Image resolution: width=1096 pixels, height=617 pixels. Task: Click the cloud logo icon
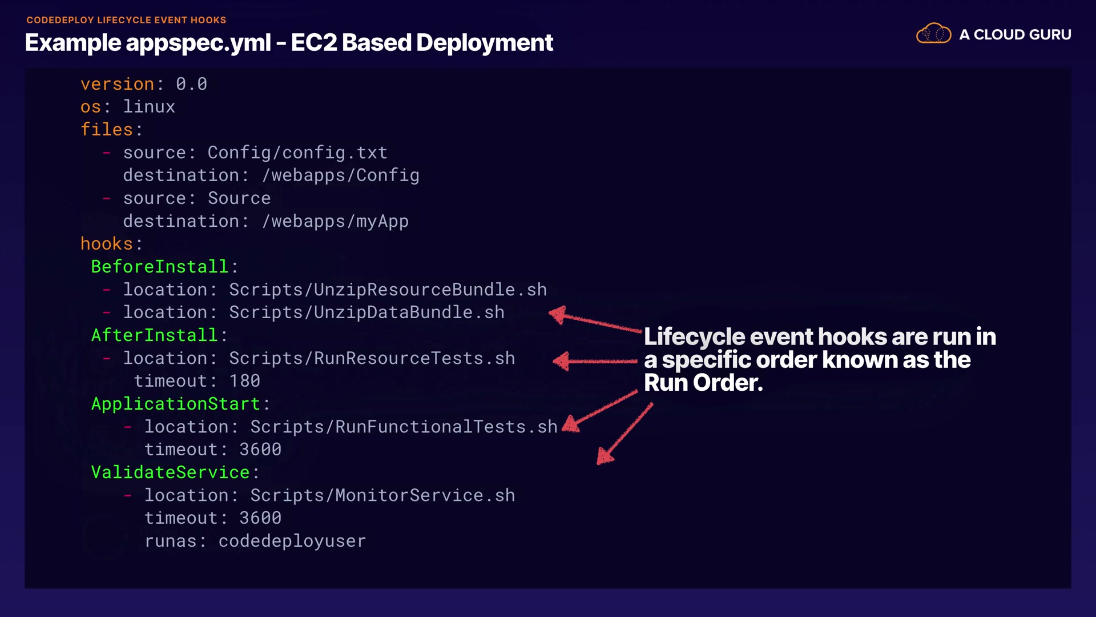[933, 34]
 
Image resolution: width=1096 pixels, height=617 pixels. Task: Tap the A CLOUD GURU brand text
[1015, 35]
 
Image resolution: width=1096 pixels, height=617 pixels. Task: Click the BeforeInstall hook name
[159, 267]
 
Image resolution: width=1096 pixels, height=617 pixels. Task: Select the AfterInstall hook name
[154, 335]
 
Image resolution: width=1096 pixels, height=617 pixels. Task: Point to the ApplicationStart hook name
[175, 404]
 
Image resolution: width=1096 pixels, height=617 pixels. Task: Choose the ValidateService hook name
[170, 472]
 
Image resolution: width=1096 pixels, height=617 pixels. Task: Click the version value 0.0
[191, 84]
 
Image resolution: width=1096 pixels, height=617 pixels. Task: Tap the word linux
[149, 107]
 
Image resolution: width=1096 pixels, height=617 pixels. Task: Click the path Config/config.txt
[297, 153]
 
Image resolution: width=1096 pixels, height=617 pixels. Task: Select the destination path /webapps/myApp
[335, 221]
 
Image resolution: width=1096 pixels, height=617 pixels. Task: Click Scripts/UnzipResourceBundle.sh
[388, 290]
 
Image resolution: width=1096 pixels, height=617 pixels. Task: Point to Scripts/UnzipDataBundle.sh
[366, 312]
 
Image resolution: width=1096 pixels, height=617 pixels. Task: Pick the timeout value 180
[244, 381]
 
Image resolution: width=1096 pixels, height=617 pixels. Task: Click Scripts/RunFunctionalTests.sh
[404, 427]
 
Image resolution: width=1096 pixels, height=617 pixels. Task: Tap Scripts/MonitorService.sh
[382, 495]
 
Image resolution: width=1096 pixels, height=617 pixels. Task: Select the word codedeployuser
[292, 541]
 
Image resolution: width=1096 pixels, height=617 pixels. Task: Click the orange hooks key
[107, 244]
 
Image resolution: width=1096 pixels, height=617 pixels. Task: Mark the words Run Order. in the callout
[703, 383]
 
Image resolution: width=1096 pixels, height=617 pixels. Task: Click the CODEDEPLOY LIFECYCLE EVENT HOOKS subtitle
[126, 20]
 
